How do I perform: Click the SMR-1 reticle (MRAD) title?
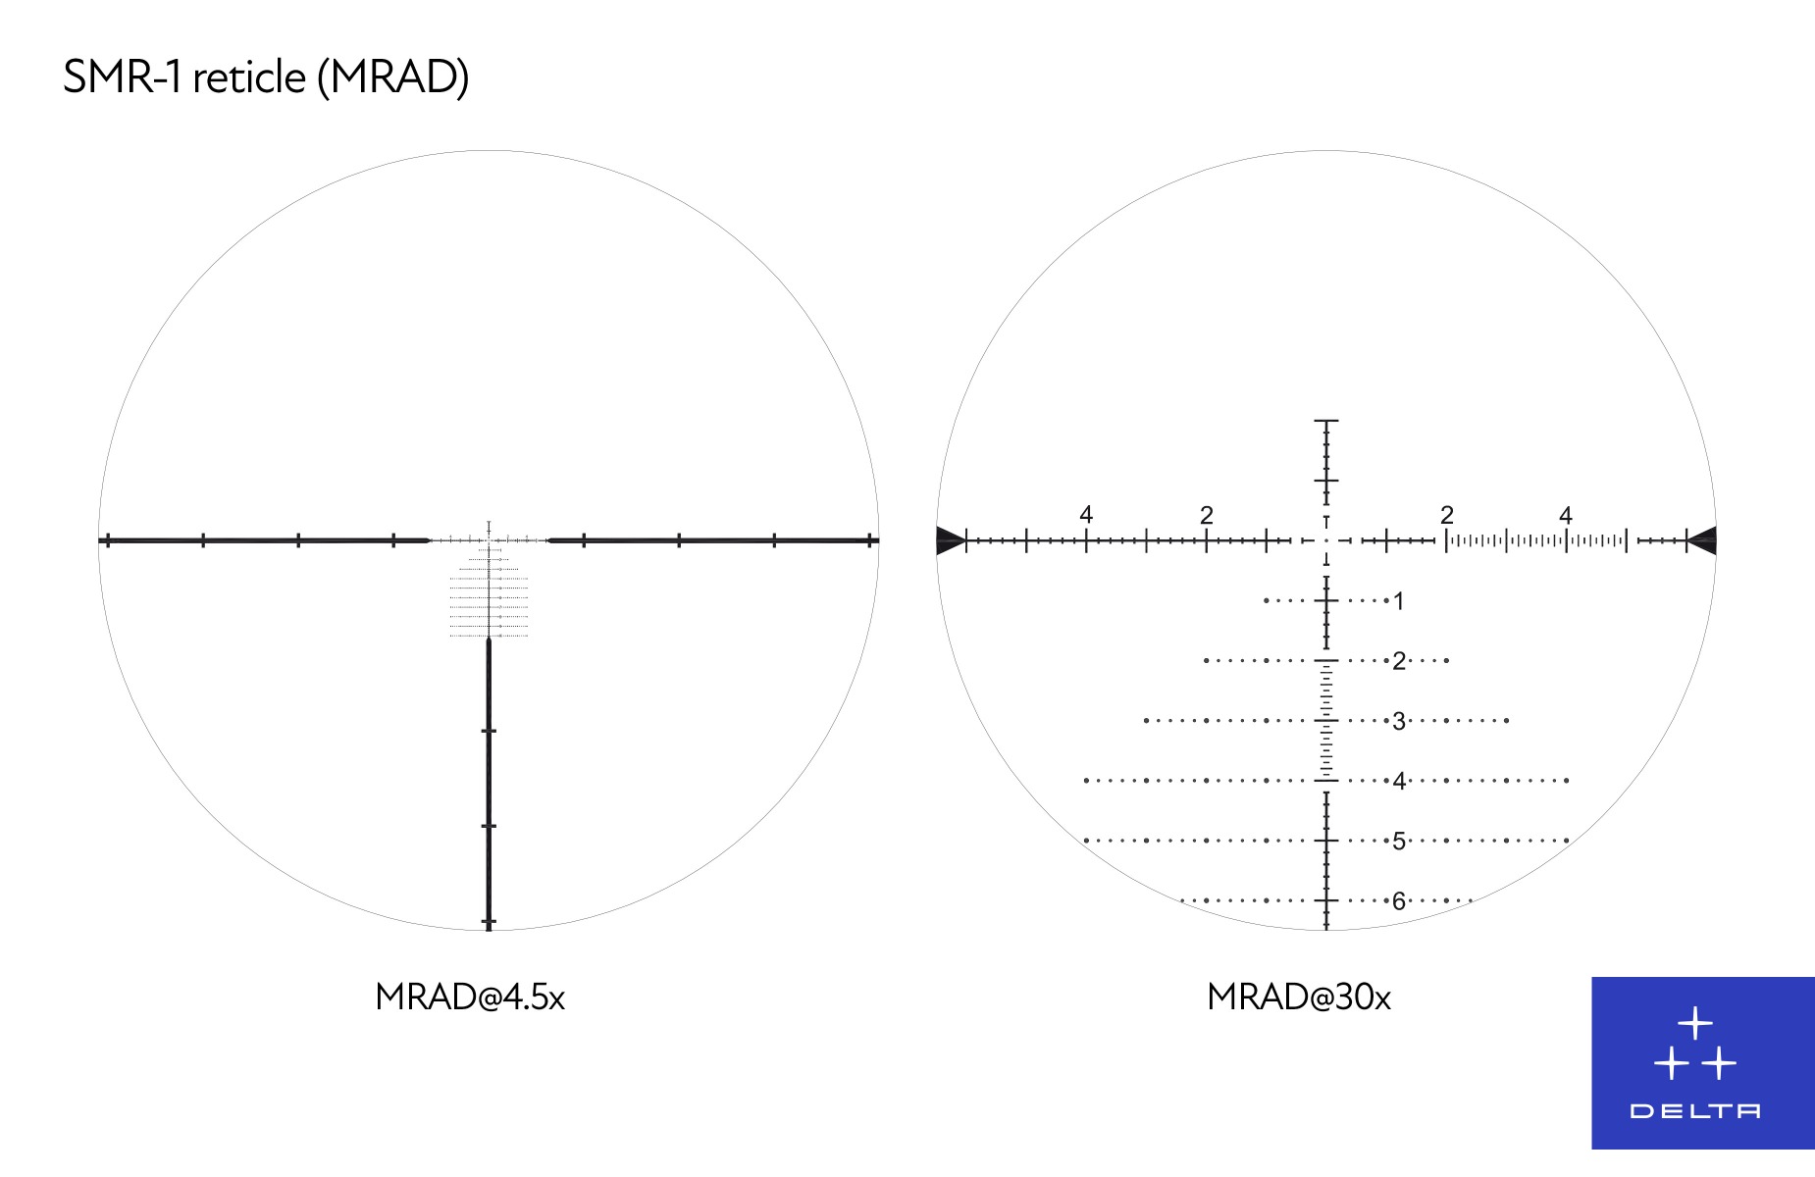coord(266,77)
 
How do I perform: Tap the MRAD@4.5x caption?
coord(470,998)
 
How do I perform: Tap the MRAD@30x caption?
coord(1299,998)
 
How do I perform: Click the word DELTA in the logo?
coord(1694,1111)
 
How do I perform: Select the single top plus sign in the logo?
coord(1695,1024)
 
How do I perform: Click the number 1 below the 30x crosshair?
coord(1399,601)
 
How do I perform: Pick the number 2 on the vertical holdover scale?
coord(1399,661)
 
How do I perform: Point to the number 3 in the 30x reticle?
coord(1399,722)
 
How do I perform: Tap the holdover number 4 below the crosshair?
coord(1399,782)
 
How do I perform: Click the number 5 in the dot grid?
coord(1399,842)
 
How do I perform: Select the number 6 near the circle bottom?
coord(1399,901)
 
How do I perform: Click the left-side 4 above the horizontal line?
coord(1086,515)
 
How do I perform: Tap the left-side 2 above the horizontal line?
coord(1207,515)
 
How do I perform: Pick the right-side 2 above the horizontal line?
coord(1447,515)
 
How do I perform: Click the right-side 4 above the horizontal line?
coord(1566,515)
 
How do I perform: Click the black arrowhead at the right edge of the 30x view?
coord(1703,540)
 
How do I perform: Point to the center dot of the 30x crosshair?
coord(1326,540)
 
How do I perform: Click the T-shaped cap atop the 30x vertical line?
coord(1326,422)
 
